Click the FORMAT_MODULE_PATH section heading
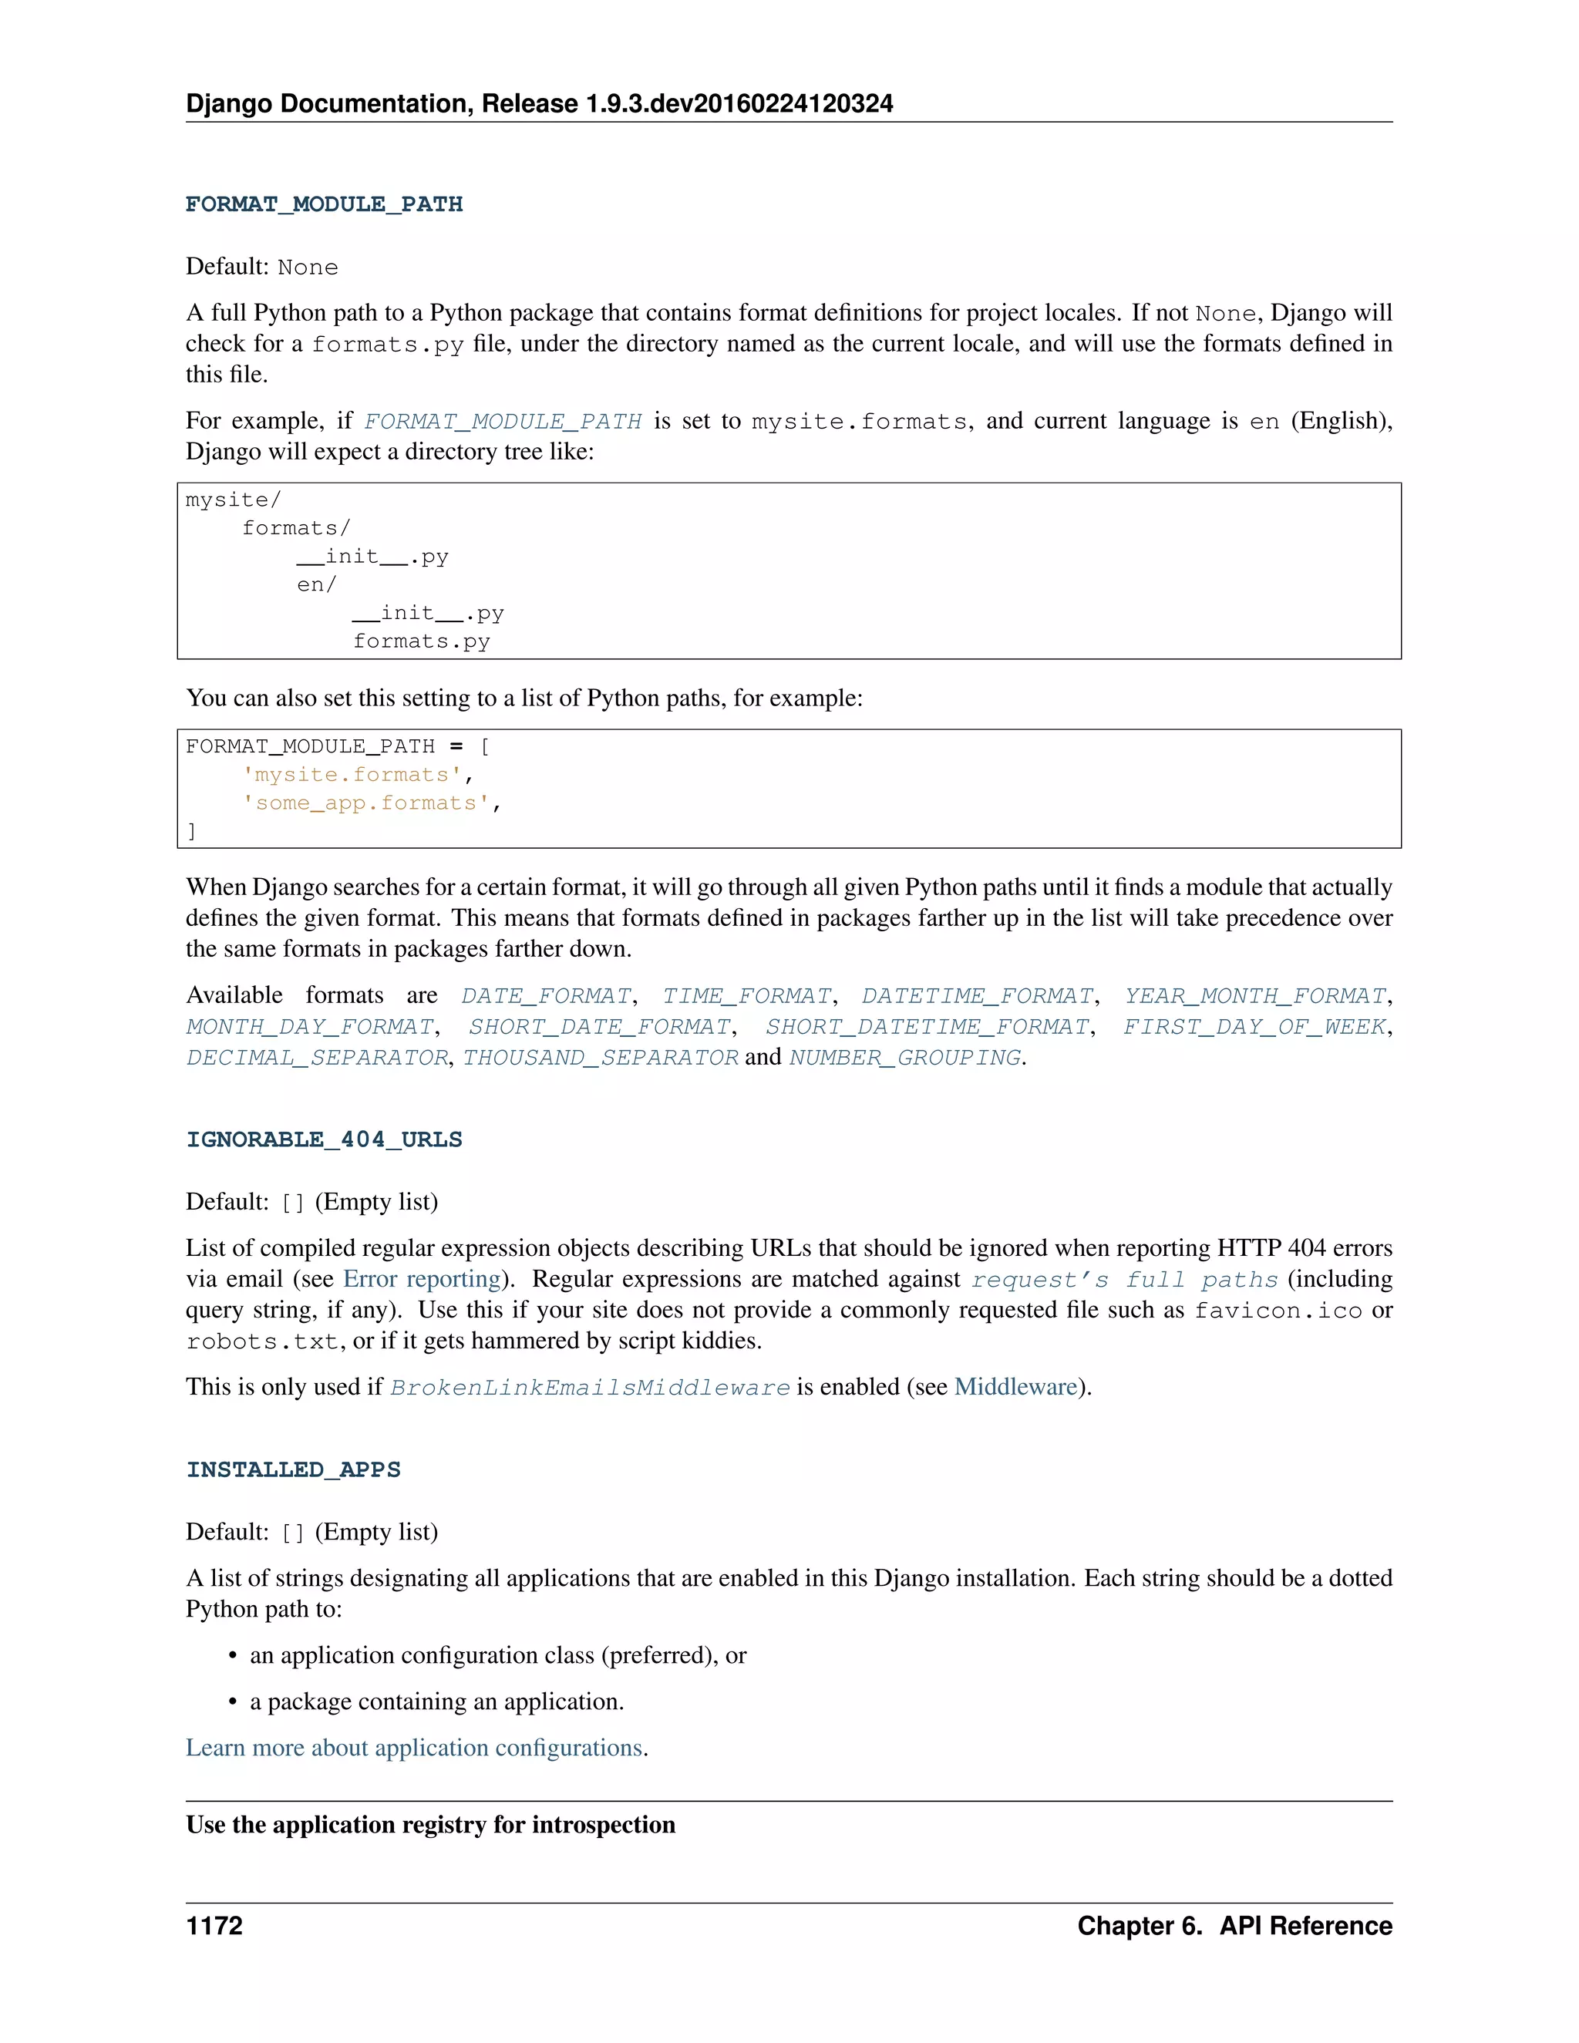pyautogui.click(x=324, y=204)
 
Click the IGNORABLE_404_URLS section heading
pyautogui.click(x=324, y=1139)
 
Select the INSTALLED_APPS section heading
pyautogui.click(x=293, y=1469)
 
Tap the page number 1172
pyautogui.click(x=214, y=1926)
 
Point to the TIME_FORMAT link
pyautogui.click(x=746, y=996)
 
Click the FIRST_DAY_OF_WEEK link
pyautogui.click(x=1254, y=1027)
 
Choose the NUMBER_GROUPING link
pyautogui.click(x=904, y=1058)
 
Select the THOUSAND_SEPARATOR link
pyautogui.click(x=601, y=1058)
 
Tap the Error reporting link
pyautogui.click(x=423, y=1279)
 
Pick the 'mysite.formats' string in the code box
pyautogui.click(x=352, y=775)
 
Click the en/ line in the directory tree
pyautogui.click(x=316, y=584)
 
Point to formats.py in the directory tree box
pyautogui.click(x=421, y=641)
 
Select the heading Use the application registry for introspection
pyautogui.click(x=430, y=1825)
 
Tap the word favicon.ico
pyautogui.click(x=1278, y=1311)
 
